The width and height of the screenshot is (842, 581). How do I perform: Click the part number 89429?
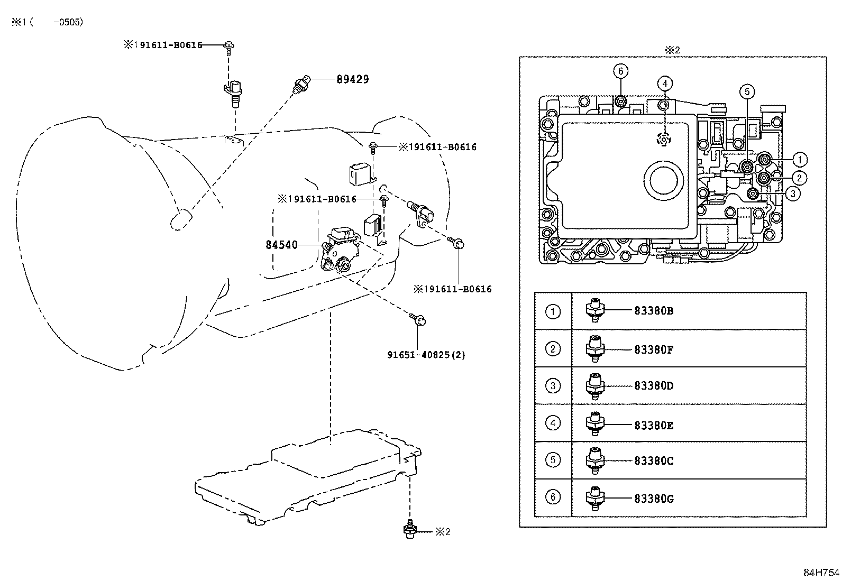coord(353,79)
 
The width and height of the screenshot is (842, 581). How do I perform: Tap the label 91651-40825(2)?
coord(426,355)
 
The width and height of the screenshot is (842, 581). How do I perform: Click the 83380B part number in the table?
coord(654,311)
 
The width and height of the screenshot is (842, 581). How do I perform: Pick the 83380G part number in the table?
coord(654,499)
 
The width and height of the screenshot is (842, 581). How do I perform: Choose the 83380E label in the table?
coord(654,425)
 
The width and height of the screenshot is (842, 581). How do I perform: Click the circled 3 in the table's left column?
coord(553,386)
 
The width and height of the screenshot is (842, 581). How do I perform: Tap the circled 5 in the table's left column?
coord(553,460)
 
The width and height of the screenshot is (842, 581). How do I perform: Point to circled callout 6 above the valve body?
coord(621,71)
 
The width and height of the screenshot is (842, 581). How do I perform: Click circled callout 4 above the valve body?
coord(665,83)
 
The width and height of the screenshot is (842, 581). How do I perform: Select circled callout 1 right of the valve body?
coord(800,159)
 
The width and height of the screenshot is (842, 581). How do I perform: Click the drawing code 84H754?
coord(821,573)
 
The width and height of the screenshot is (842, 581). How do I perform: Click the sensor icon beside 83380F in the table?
coord(595,349)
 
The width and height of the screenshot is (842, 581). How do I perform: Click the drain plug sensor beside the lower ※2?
coord(408,529)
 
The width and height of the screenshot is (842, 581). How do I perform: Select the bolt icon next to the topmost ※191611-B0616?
coord(229,47)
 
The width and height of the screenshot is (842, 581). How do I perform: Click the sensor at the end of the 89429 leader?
coord(302,85)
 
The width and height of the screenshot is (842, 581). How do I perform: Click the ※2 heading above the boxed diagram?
coord(672,50)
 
